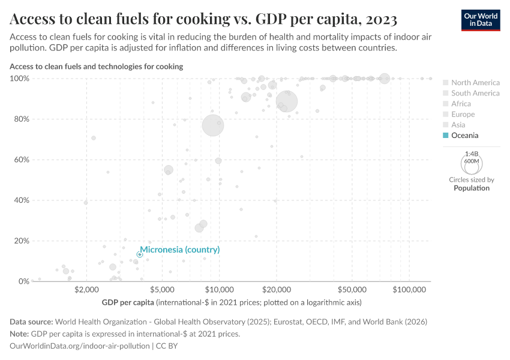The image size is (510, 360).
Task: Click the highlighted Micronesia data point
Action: (x=140, y=254)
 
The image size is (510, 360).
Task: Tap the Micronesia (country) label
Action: (x=179, y=250)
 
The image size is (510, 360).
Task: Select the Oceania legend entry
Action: (x=464, y=136)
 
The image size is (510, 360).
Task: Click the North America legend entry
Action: (x=475, y=83)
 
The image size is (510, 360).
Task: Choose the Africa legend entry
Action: (x=461, y=104)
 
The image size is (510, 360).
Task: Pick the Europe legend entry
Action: (x=463, y=115)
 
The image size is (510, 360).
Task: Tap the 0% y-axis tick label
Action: (x=24, y=281)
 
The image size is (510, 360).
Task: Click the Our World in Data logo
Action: (x=480, y=20)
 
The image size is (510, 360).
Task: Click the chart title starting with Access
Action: (x=203, y=20)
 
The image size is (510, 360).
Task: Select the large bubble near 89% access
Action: (x=287, y=101)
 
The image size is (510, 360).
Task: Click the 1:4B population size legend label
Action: (x=471, y=154)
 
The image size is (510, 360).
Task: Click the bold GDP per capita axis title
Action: (x=128, y=302)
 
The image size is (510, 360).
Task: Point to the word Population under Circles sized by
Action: (x=471, y=188)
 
